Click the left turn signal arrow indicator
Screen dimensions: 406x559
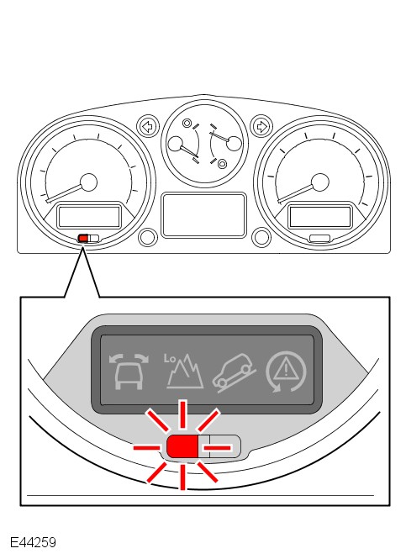point(148,127)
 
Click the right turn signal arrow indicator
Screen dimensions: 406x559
point(261,127)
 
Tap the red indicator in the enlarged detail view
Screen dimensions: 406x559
point(182,446)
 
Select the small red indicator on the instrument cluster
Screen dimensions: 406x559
point(83,238)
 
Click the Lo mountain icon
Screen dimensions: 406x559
point(183,371)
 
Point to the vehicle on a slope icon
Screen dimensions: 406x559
point(235,372)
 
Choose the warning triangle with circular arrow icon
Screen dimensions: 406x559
point(286,372)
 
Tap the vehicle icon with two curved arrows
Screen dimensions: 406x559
point(129,372)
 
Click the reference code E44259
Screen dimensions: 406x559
point(33,542)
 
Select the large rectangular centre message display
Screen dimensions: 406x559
point(204,215)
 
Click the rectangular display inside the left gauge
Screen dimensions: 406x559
point(89,216)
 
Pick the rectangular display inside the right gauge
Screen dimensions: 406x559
point(319,216)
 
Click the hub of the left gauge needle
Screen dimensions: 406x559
point(89,182)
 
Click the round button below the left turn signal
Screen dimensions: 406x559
point(148,237)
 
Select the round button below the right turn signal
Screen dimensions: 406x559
point(261,237)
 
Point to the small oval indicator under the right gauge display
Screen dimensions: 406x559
point(319,238)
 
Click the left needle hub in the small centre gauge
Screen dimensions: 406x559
point(175,143)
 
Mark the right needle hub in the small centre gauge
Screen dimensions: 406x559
point(235,143)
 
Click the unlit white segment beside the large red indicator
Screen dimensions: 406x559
point(219,446)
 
